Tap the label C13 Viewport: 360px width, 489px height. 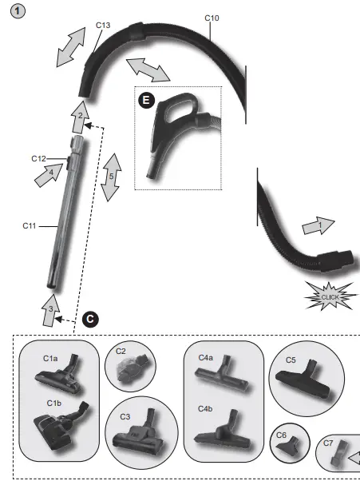click(x=102, y=26)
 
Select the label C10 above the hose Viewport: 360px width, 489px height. click(x=212, y=17)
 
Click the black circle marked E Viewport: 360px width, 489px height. click(x=146, y=100)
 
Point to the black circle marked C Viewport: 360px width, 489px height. click(x=90, y=320)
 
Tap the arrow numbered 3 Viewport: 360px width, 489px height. click(x=50, y=311)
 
